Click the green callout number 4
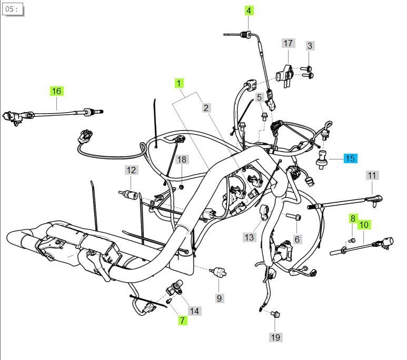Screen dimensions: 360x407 (249, 11)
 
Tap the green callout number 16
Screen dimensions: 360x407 (56, 91)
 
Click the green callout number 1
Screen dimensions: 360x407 (180, 83)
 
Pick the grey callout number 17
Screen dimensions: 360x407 (287, 43)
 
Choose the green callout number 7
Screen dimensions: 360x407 (182, 320)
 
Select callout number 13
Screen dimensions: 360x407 (249, 237)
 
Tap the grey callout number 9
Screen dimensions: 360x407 (220, 298)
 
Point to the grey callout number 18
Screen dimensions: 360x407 (181, 159)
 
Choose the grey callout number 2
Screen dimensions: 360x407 (206, 108)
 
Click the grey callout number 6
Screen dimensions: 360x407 (297, 239)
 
